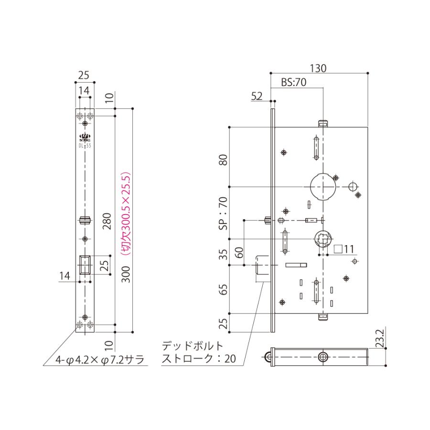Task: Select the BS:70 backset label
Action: [292, 83]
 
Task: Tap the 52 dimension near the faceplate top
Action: [257, 97]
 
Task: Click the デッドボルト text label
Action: [193, 345]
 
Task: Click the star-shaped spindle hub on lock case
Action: [323, 239]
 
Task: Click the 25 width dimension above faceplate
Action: [84, 75]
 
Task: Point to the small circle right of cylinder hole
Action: [353, 186]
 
